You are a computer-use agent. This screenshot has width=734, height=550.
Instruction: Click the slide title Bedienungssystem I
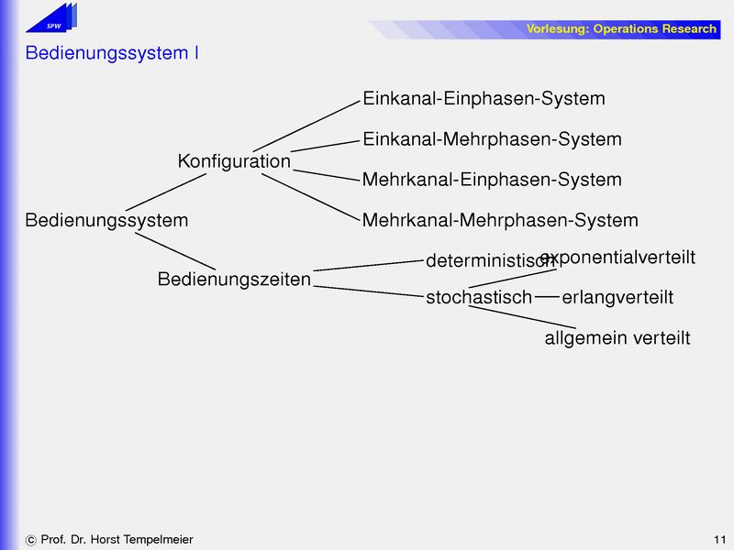point(112,53)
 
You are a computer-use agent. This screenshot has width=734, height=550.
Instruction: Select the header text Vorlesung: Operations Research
point(621,29)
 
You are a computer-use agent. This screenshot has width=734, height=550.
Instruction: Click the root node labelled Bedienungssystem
point(106,221)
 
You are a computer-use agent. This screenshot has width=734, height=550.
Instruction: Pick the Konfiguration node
point(234,161)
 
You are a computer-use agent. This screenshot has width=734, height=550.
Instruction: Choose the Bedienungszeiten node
point(234,280)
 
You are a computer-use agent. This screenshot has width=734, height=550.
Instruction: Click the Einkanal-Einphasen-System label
point(484,99)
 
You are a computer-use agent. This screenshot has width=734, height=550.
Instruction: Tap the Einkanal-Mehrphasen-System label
point(492,139)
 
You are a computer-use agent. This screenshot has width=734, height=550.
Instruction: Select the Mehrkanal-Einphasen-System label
point(492,180)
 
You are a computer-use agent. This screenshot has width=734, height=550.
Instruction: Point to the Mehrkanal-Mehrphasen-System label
point(500,221)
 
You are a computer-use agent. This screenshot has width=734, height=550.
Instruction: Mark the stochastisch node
point(478,298)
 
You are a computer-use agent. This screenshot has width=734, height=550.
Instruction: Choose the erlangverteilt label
point(617,298)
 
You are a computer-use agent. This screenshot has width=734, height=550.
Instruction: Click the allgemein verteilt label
point(617,338)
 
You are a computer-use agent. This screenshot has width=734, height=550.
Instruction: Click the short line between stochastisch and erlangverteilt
point(547,297)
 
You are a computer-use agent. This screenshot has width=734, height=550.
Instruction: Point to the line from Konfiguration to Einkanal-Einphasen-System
point(305,125)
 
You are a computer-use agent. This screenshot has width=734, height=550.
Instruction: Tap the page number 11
point(718,540)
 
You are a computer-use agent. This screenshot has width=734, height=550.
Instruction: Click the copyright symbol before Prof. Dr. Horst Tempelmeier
point(31,541)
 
